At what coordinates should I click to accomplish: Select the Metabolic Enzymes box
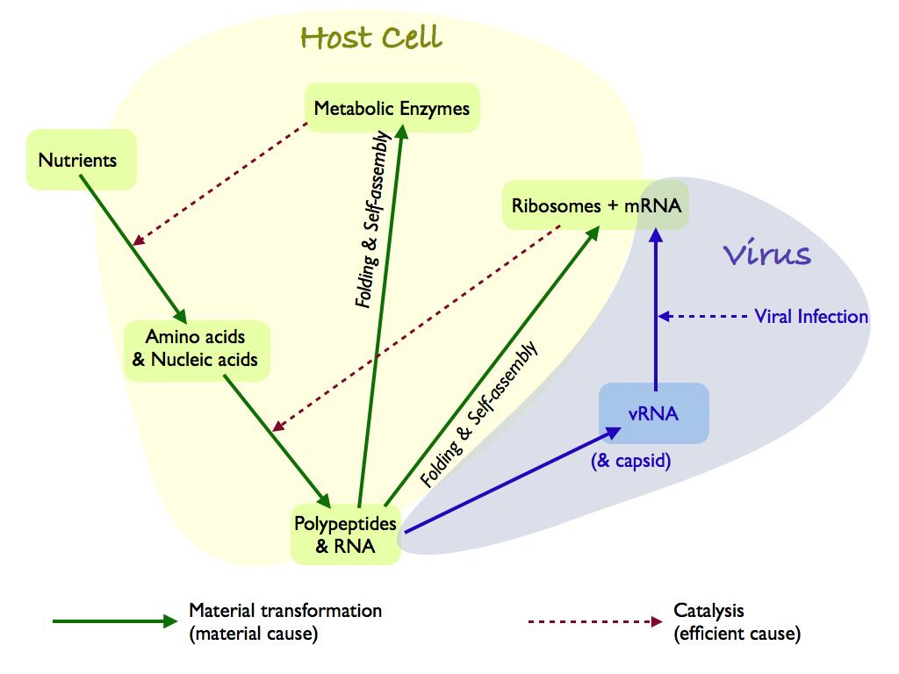tap(392, 109)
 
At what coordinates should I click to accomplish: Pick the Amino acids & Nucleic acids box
tap(196, 348)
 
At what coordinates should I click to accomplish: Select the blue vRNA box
tap(653, 413)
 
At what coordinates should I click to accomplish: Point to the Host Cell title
tap(370, 38)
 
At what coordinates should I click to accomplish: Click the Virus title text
tap(766, 255)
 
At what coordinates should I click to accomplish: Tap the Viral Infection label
tap(811, 317)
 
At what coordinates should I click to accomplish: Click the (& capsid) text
tap(632, 460)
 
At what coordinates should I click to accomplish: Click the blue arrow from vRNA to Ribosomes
tap(655, 307)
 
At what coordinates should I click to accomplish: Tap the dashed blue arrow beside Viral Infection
tap(702, 317)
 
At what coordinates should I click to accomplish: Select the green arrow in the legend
tap(114, 621)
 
